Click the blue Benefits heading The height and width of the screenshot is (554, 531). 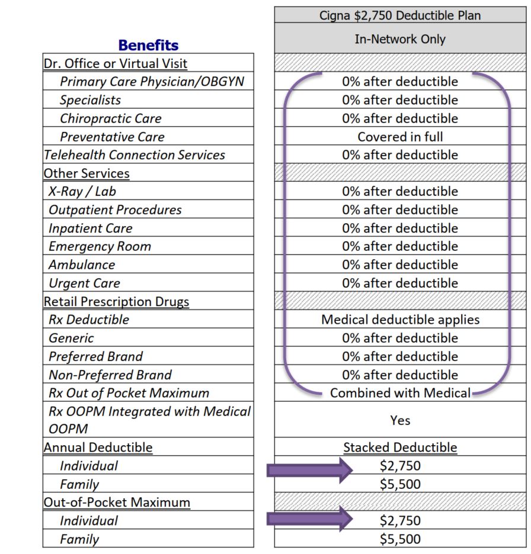[148, 45]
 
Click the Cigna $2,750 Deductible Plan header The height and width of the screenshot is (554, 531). [400, 15]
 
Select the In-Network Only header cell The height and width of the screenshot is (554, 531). [400, 40]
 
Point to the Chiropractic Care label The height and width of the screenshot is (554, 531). [110, 118]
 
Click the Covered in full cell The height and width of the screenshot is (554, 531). [400, 137]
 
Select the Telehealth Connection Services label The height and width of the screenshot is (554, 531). [135, 155]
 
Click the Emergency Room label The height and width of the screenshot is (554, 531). [100, 247]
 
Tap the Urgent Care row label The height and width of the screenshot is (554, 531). [84, 284]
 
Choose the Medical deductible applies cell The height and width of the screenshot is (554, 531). [400, 320]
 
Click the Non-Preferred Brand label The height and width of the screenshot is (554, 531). [110, 375]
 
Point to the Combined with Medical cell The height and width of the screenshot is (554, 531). [400, 393]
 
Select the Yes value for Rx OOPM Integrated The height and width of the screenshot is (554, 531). [400, 420]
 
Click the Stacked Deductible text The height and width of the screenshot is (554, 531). [400, 447]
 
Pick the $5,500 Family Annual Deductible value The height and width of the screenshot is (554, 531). [400, 484]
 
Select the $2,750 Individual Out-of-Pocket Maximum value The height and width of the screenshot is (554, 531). [400, 521]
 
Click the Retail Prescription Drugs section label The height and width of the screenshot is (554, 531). [116, 302]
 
